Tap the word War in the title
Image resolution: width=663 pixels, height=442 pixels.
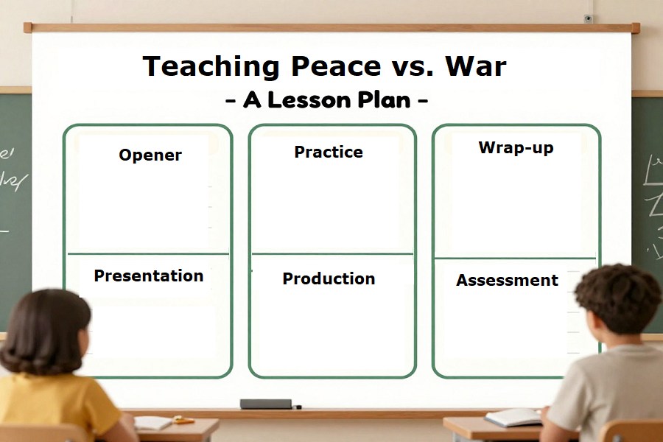click(476, 67)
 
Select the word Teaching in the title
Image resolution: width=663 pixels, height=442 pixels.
click(212, 67)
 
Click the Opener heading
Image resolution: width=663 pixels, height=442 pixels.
click(150, 155)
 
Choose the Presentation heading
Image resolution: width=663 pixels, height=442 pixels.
click(149, 276)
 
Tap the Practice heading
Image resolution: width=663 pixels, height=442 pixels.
click(329, 152)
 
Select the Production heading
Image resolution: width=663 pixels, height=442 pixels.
click(329, 279)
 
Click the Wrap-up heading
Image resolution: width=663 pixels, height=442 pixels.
click(516, 147)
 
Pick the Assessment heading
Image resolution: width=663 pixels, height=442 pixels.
click(507, 281)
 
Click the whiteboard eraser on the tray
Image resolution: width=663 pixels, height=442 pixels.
click(266, 404)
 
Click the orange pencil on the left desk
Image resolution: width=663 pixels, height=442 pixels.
click(182, 421)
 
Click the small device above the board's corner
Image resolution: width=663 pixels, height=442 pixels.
click(588, 18)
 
